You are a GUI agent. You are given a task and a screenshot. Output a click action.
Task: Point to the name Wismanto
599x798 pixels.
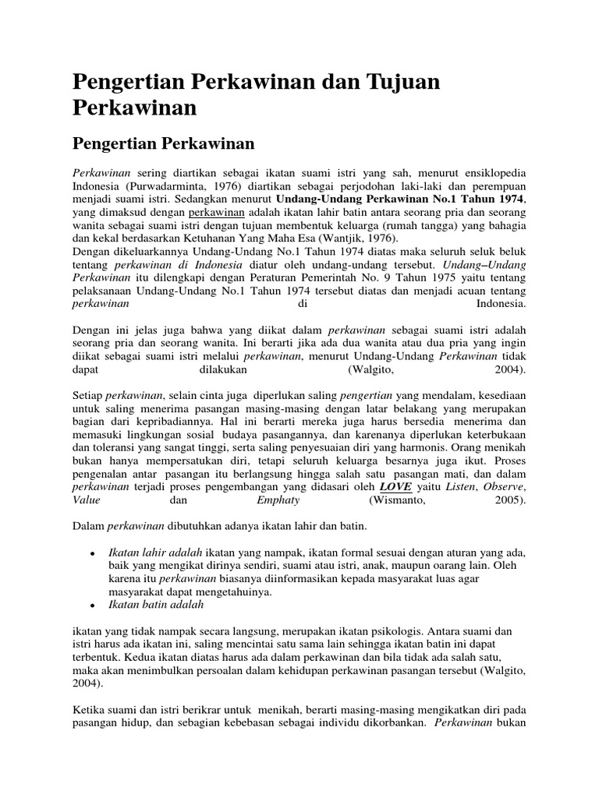tap(404, 500)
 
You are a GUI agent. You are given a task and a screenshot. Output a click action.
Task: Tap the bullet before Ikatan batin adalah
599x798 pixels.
tap(92, 606)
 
